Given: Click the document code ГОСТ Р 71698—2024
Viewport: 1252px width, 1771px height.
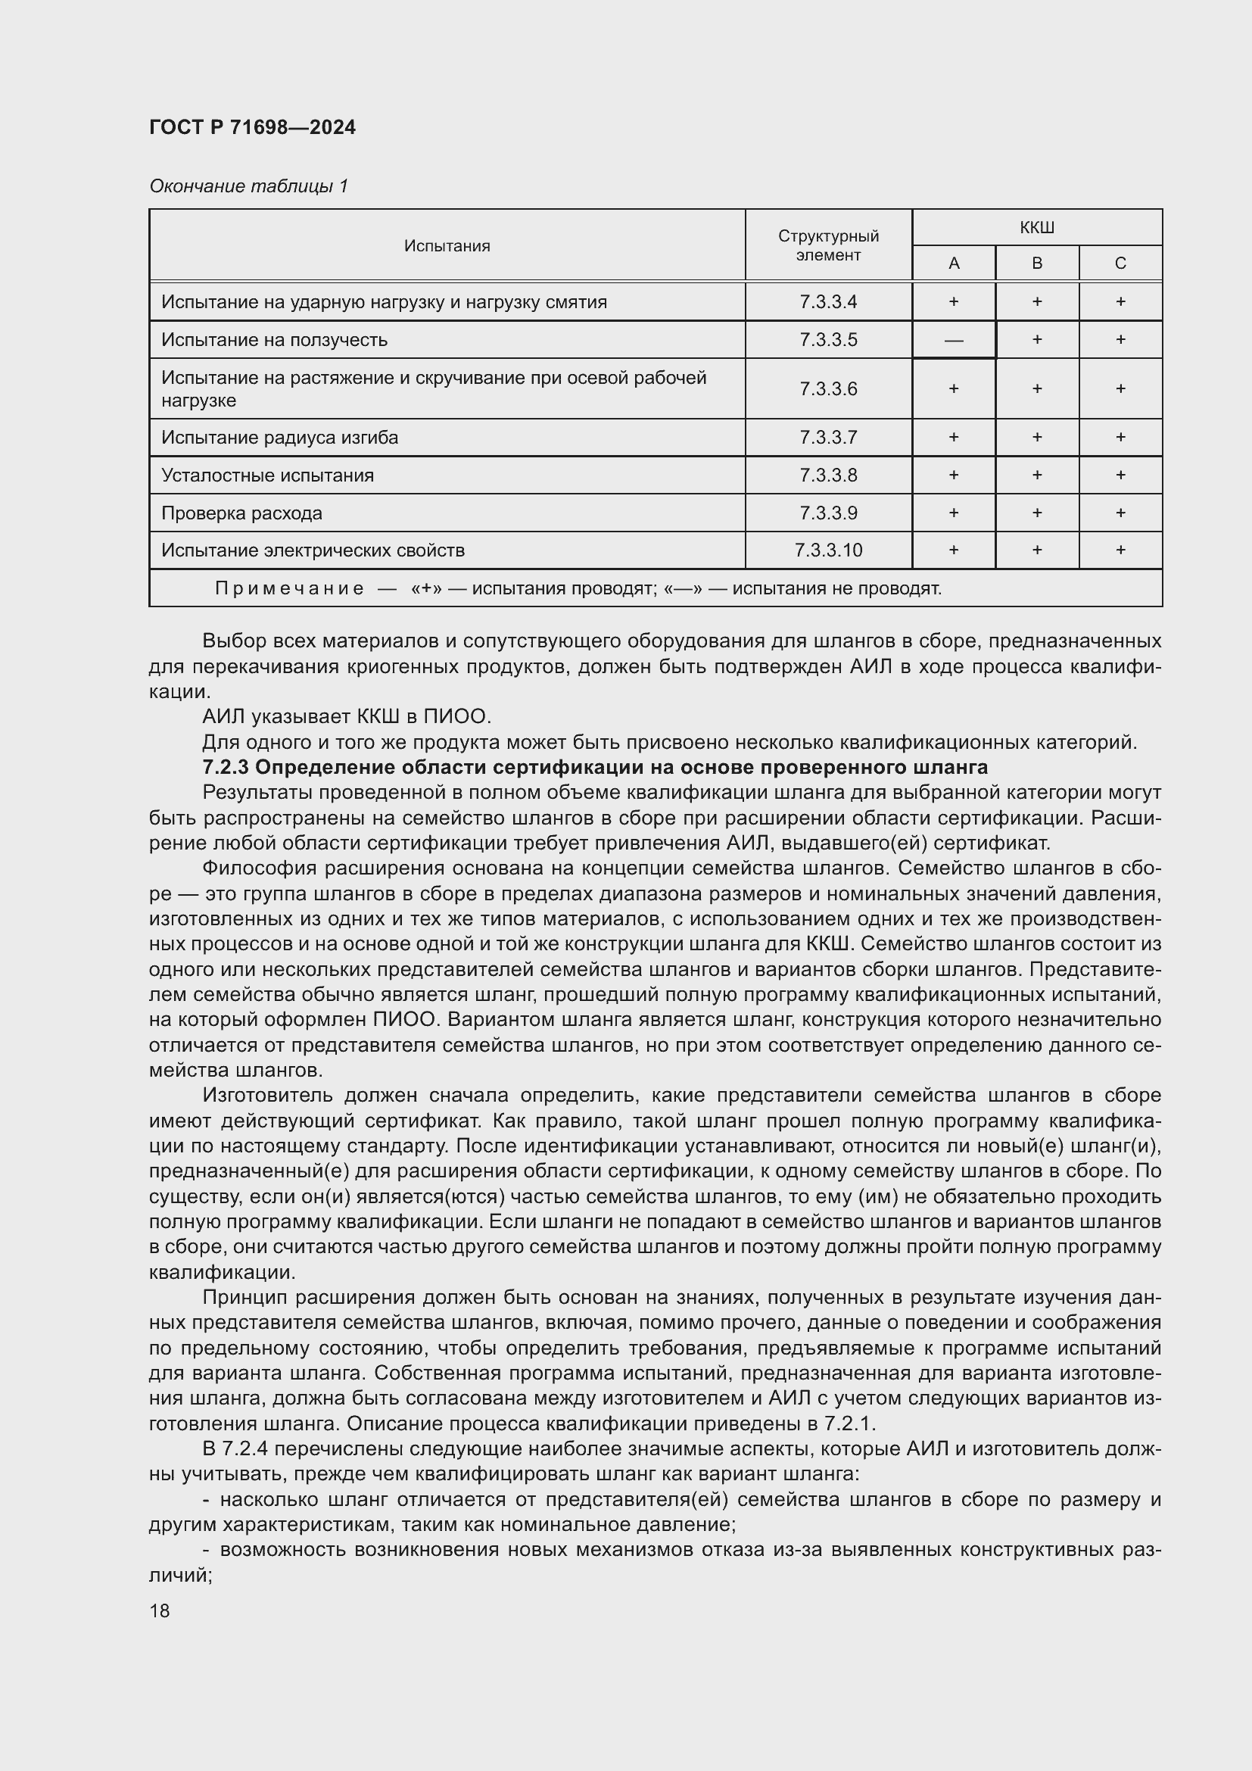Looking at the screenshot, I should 252,127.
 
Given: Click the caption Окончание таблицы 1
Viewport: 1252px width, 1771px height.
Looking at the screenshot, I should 248,186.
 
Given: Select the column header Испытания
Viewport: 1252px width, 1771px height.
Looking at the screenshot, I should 447,246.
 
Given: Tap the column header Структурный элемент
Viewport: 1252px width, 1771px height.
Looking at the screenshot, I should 828,245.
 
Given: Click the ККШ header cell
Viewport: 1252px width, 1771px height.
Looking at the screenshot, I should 1036,229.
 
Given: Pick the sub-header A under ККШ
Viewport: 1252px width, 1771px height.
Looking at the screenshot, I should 954,263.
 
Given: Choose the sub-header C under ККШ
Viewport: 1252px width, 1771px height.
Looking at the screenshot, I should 1120,263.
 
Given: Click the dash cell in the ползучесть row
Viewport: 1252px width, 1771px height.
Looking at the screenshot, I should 954,340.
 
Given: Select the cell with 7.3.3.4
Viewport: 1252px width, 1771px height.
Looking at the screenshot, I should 828,301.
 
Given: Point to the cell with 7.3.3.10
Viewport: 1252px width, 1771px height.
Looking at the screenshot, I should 828,550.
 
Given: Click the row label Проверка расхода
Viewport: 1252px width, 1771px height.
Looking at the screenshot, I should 241,513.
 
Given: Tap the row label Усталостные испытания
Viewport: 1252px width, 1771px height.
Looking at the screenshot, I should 267,475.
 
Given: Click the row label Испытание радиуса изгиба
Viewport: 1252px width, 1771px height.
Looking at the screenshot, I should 280,438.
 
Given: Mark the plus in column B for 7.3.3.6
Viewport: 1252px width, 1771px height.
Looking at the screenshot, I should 1037,388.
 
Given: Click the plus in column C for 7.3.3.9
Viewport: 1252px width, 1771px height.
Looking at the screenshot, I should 1120,513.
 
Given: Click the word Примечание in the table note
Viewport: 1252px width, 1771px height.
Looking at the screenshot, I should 289,588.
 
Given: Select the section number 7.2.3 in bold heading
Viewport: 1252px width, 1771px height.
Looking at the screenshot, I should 225,768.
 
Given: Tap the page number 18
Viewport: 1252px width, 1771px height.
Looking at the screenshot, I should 160,1610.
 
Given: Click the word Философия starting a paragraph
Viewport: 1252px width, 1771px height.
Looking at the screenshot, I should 259,868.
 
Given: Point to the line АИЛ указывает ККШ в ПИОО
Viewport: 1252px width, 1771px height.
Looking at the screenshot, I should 346,716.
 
